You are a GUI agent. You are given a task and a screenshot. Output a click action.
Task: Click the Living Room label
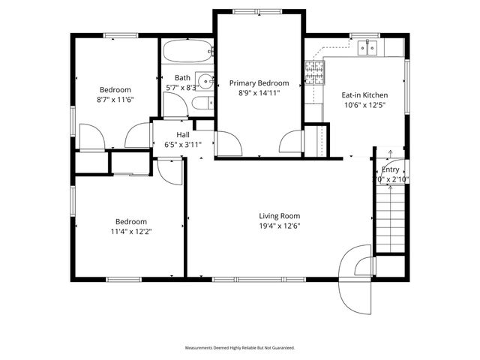click(x=280, y=216)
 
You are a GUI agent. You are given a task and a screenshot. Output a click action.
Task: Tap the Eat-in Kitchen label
click(x=364, y=95)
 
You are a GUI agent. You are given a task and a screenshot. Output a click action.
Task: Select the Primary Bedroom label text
click(x=259, y=83)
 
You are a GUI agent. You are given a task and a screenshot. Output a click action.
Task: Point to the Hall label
click(x=182, y=135)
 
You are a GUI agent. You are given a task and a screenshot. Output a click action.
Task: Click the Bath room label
click(x=182, y=77)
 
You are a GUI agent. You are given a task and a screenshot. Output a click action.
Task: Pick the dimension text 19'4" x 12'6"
click(x=280, y=226)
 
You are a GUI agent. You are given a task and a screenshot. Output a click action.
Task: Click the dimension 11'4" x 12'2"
click(x=130, y=231)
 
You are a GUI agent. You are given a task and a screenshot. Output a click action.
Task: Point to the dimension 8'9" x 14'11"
click(x=259, y=94)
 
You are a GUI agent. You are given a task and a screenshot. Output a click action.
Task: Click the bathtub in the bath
click(x=187, y=52)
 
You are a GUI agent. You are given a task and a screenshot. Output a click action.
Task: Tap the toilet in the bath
click(x=202, y=103)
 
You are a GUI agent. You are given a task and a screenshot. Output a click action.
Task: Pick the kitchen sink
click(x=367, y=47)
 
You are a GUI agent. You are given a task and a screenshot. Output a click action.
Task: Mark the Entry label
click(x=391, y=169)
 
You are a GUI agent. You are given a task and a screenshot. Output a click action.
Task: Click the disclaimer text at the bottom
click(x=240, y=348)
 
